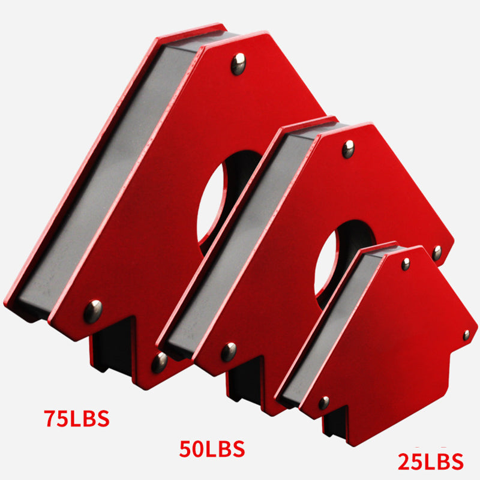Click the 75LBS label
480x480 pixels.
pos(76,418)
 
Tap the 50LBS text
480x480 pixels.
pos(212,448)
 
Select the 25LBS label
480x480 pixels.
pos(431,461)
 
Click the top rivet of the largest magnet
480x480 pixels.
pos(238,64)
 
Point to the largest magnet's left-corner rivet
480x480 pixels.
pos(92,311)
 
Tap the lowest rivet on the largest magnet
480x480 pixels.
pos(159,362)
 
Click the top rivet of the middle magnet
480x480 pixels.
pos(348,148)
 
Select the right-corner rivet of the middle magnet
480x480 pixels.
pos(437,253)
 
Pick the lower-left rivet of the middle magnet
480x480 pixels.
pos(229,352)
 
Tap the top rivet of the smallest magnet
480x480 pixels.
pos(406,263)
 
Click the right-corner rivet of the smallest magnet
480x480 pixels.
pos(466,335)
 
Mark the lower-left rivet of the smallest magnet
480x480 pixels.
pos(324,403)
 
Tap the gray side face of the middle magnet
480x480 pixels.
pos(252,240)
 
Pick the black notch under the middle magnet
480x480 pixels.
pos(246,384)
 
